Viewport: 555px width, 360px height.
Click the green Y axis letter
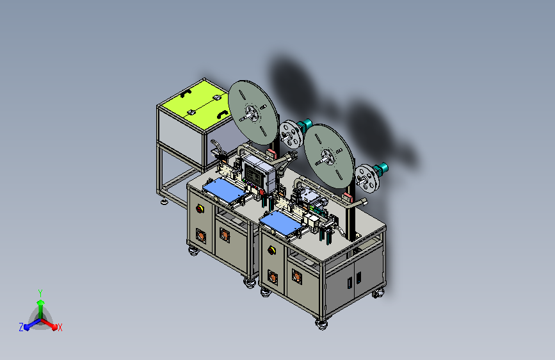40,293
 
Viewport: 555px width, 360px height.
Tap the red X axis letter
60,328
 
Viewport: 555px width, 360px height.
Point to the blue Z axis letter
21,327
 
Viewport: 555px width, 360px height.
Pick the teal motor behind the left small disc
305,124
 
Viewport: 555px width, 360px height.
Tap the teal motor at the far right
381,168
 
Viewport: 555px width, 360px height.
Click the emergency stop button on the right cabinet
271,250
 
